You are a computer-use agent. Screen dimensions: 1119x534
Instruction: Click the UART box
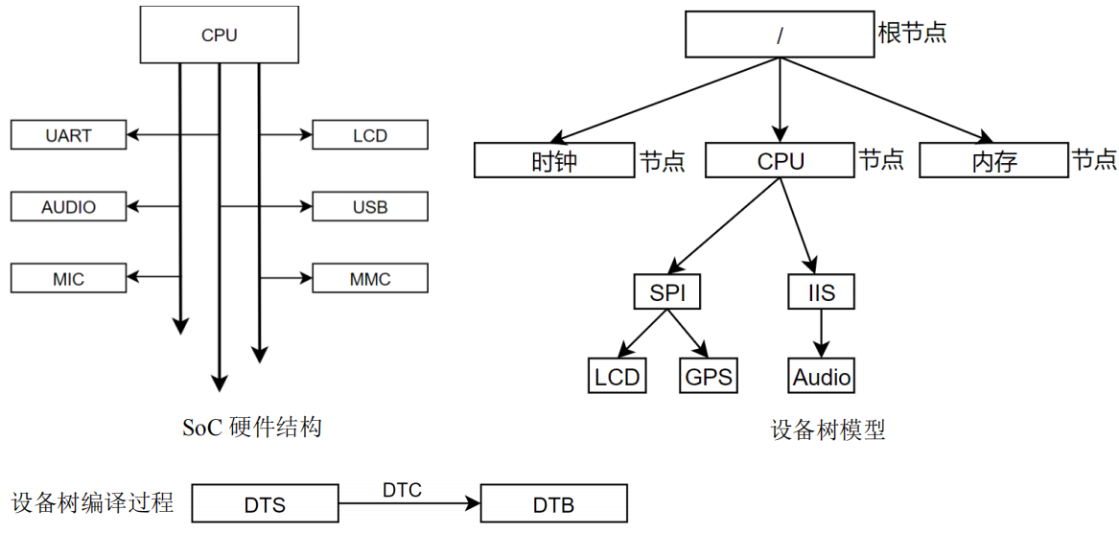(x=68, y=135)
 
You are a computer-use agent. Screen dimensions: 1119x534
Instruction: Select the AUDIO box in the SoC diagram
(x=68, y=206)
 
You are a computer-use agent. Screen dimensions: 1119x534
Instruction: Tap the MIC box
(x=68, y=278)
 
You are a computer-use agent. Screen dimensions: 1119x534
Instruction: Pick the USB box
(x=370, y=206)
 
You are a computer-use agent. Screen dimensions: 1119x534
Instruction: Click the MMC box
(x=370, y=278)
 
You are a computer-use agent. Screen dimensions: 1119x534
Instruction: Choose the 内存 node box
(x=994, y=162)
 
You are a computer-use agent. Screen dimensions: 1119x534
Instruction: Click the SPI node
(x=665, y=292)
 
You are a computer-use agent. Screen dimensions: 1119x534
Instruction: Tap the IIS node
(x=822, y=292)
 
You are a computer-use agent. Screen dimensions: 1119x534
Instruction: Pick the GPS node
(x=708, y=376)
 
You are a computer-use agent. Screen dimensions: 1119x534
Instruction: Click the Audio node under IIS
(x=822, y=376)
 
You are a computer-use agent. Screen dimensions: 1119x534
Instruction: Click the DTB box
(x=554, y=504)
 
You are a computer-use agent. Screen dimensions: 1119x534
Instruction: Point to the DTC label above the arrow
(x=403, y=491)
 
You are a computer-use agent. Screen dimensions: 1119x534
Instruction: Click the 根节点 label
(x=913, y=33)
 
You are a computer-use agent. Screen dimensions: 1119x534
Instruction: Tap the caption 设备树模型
(x=828, y=430)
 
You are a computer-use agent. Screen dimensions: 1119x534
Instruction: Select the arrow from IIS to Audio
(x=822, y=334)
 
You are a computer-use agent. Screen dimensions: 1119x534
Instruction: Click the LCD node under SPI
(x=618, y=376)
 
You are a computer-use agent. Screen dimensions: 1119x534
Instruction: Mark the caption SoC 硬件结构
(x=252, y=427)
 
